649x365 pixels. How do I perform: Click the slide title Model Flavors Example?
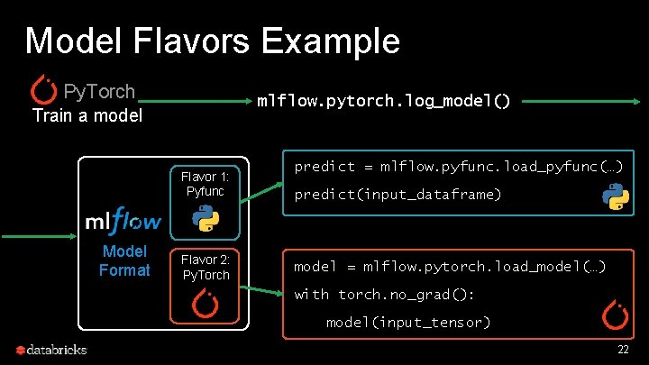coord(212,41)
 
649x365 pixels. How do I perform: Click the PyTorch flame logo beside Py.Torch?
coord(44,88)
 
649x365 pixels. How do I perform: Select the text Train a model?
coord(87,115)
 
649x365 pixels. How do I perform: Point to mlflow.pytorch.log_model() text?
coord(384,101)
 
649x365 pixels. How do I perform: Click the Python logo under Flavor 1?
coord(206,217)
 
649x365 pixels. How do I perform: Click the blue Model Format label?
coord(123,260)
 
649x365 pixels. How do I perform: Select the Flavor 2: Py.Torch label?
coord(206,268)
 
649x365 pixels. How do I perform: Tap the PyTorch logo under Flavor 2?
coord(206,305)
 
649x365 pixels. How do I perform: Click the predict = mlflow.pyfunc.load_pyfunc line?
coord(459,167)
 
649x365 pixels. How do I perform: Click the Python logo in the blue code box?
coord(616,196)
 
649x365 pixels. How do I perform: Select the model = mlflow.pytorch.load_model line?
coord(450,267)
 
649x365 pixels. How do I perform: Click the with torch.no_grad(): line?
coord(385,295)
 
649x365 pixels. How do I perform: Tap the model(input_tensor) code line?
coord(408,322)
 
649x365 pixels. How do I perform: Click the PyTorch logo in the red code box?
coord(616,315)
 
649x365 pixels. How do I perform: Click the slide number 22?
coord(623,349)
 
